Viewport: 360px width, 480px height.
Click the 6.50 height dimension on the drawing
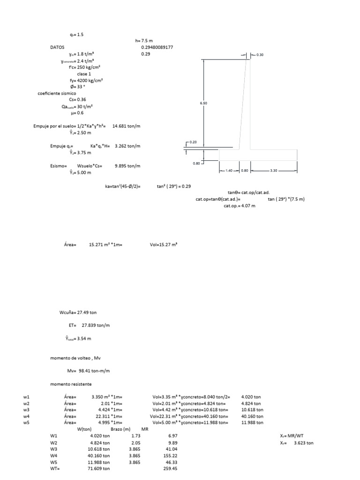click(203, 103)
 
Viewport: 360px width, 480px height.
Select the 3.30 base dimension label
click(274, 171)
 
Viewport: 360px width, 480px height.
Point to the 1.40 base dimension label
click(229, 171)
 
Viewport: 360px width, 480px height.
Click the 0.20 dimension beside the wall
click(194, 142)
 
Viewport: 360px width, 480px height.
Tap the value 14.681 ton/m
click(127, 126)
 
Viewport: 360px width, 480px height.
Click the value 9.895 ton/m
click(127, 166)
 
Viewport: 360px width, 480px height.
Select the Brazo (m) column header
click(120, 429)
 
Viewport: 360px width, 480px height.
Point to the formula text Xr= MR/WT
click(292, 436)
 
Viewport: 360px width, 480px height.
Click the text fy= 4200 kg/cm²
click(85, 80)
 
